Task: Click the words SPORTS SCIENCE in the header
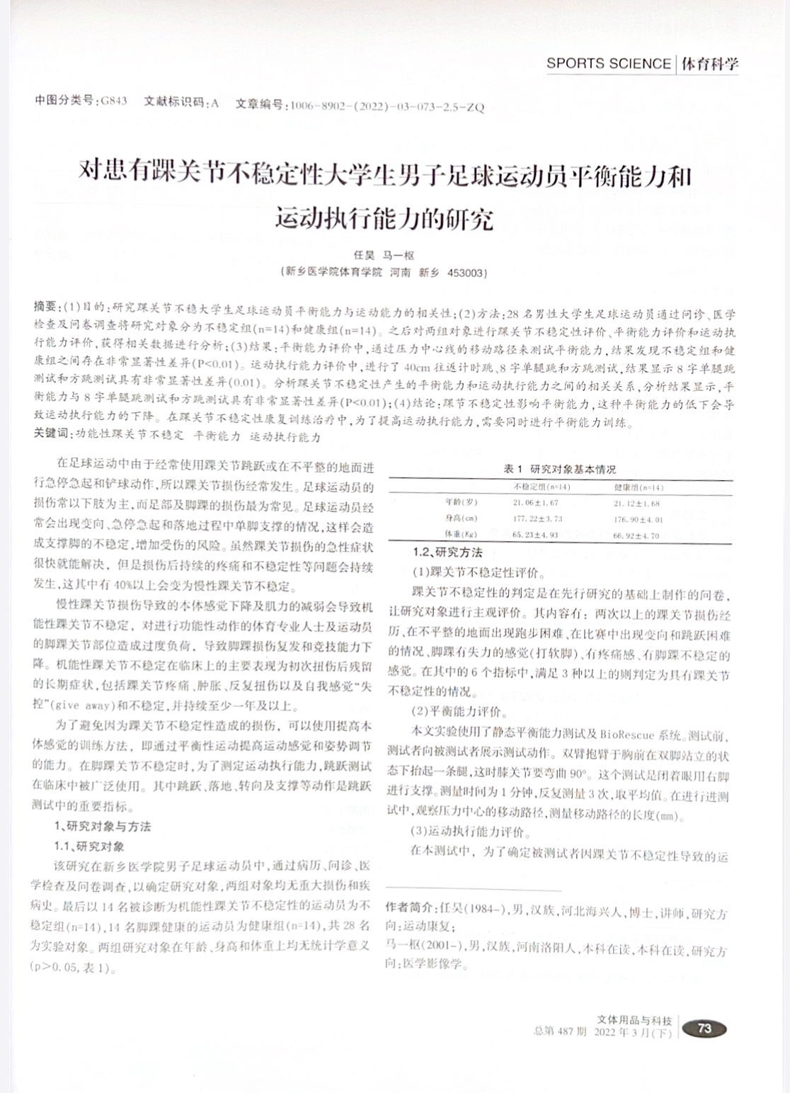point(608,64)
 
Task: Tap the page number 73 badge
point(704,1029)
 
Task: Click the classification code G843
point(113,101)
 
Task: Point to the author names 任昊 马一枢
point(384,256)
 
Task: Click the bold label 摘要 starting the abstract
point(46,306)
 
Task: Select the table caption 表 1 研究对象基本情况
point(559,469)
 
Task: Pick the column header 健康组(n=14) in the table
point(638,487)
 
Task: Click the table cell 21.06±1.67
point(537,503)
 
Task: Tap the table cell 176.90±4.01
point(638,519)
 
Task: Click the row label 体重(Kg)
point(461,535)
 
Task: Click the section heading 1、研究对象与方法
point(103,826)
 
